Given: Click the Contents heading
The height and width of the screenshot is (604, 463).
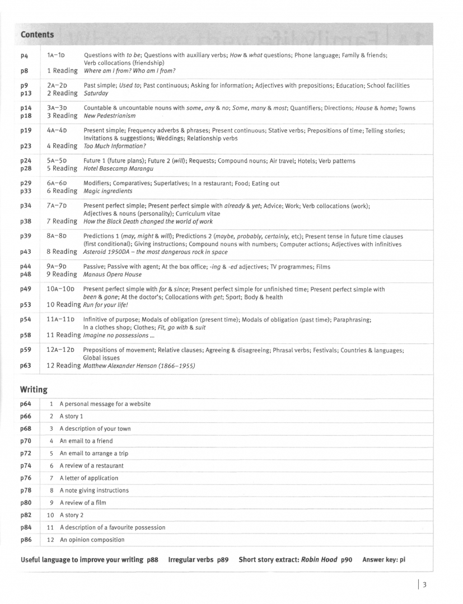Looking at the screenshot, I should pyautogui.click(x=37, y=35).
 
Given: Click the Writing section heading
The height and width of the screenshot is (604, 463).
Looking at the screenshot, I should pyautogui.click(x=34, y=389).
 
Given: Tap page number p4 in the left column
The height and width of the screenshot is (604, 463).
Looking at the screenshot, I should pyautogui.click(x=25, y=56).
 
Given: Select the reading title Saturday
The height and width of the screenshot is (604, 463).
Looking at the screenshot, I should pyautogui.click(x=96, y=93).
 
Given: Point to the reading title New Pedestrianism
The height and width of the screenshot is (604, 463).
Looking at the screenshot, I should pyautogui.click(x=109, y=116).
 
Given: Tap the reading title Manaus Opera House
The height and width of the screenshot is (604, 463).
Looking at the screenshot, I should pyautogui.click(x=113, y=275).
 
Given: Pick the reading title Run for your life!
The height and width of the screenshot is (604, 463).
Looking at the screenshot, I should pyautogui.click(x=106, y=305).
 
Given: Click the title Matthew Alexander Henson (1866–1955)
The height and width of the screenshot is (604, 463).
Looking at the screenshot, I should pyautogui.click(x=139, y=366).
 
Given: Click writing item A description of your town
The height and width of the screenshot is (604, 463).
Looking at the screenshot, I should pyautogui.click(x=95, y=429).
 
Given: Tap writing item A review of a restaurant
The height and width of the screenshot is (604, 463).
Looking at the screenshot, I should pyautogui.click(x=91, y=466).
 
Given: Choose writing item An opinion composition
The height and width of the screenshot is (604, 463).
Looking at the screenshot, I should pyautogui.click(x=92, y=540).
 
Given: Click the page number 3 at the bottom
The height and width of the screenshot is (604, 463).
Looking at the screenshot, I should pyautogui.click(x=424, y=585).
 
